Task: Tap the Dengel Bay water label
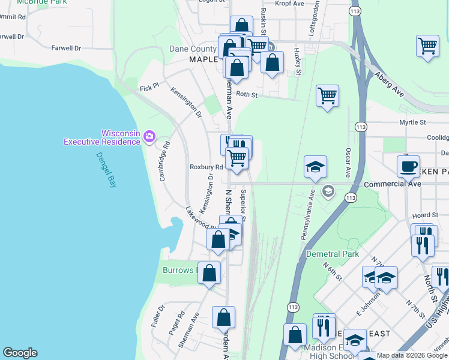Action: coord(106,170)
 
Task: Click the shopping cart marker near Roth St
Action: coord(327,95)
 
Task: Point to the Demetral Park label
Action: coord(333,254)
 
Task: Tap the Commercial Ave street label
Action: coord(393,184)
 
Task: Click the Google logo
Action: coord(20,353)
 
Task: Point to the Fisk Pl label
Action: coord(148,87)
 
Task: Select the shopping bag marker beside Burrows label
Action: coord(209,273)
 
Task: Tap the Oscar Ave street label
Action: coord(348,158)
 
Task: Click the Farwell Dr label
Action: coord(66,48)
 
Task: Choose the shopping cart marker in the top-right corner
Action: coord(427,46)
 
